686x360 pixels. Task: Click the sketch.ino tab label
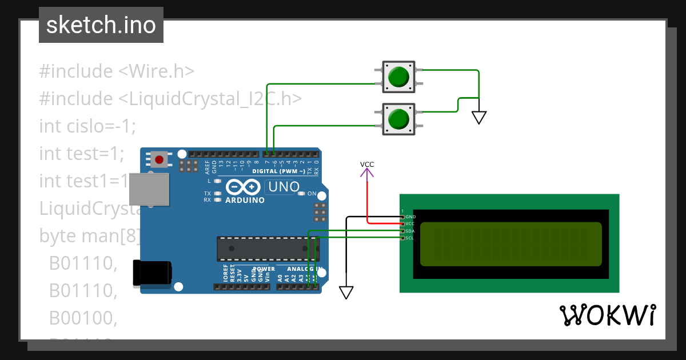[101, 25]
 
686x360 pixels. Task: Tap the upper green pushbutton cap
[398, 77]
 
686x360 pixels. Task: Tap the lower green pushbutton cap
[398, 119]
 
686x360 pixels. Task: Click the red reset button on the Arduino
[159, 159]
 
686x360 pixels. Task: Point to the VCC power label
[367, 165]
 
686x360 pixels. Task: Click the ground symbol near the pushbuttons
[479, 117]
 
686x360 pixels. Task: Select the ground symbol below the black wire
[346, 292]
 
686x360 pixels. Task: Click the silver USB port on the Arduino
[149, 189]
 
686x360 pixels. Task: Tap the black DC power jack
[151, 273]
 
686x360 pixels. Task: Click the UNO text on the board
[284, 187]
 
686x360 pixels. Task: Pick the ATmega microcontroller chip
[268, 248]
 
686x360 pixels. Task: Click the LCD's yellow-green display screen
[510, 244]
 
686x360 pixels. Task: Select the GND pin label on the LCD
[410, 217]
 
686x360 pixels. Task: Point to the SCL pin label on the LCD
[409, 238]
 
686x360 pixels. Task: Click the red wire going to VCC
[367, 200]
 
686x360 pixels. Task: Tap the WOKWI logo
[608, 315]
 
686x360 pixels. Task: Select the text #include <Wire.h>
[117, 71]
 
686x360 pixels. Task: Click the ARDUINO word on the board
[245, 200]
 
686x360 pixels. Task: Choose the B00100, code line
[83, 318]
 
